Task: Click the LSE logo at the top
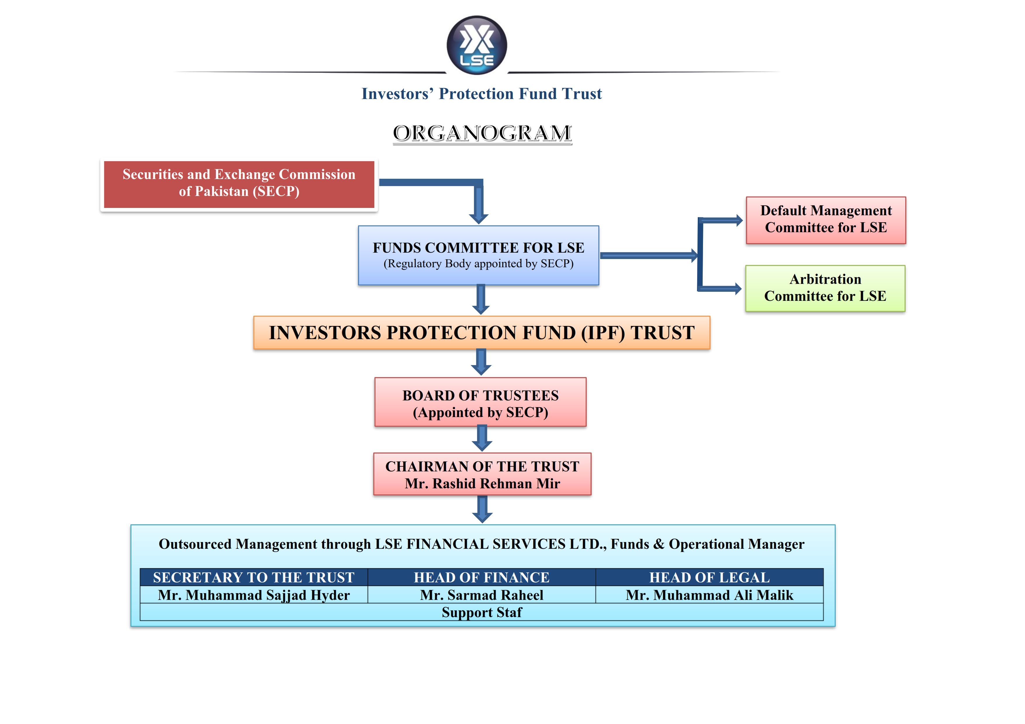point(477,45)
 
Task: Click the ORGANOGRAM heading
point(482,133)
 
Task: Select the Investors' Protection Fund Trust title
point(482,94)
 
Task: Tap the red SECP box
point(239,184)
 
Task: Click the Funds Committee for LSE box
point(478,255)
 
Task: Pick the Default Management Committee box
point(825,220)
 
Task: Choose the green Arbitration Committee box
point(825,288)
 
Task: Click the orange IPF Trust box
point(482,333)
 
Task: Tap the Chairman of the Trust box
point(482,474)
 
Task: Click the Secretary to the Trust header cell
point(254,577)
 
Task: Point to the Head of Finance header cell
point(481,577)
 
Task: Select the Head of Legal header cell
point(709,577)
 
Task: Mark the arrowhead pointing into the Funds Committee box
point(479,218)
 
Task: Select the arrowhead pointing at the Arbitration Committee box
point(737,289)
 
